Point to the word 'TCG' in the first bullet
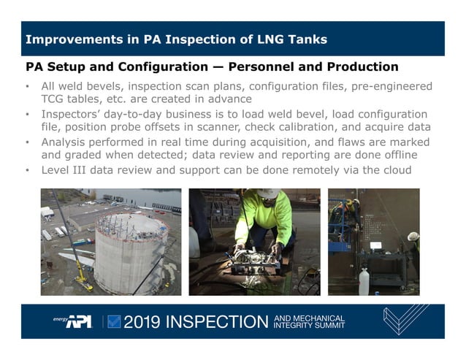(53, 99)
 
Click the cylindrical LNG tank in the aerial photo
(130, 252)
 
